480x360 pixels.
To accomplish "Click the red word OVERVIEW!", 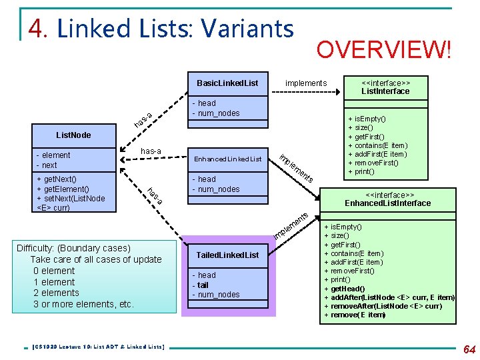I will [384, 50].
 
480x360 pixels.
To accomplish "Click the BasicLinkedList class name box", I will [227, 83].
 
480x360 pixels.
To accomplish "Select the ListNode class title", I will [73, 135].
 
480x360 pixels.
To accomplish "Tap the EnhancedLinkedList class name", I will [227, 159].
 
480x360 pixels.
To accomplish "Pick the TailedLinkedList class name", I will [227, 255].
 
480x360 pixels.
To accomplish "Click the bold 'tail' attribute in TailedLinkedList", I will [203, 285].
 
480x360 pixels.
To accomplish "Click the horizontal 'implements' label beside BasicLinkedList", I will [306, 83].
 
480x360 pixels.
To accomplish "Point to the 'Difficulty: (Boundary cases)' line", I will [73, 248].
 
